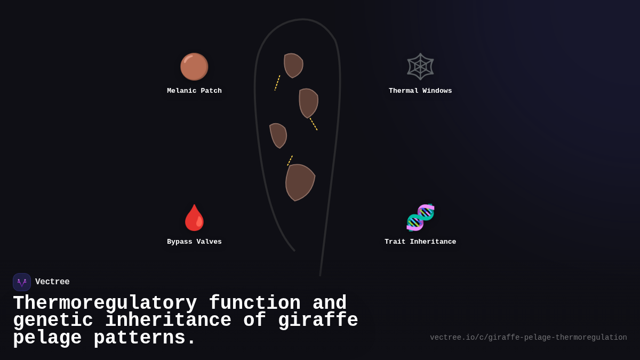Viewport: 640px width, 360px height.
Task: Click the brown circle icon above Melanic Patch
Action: click(x=194, y=67)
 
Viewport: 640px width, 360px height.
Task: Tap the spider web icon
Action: click(x=420, y=67)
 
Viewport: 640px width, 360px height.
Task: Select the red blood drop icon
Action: click(x=194, y=218)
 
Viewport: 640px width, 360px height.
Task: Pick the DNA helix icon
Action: click(x=420, y=218)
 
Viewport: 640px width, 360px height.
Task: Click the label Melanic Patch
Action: click(x=194, y=91)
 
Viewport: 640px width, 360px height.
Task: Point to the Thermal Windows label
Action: click(x=420, y=91)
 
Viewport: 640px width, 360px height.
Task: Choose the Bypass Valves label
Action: click(x=194, y=242)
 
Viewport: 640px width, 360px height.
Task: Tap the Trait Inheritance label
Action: click(x=420, y=242)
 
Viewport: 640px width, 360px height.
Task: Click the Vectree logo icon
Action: click(x=22, y=282)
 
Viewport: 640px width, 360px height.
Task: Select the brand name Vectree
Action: click(x=52, y=282)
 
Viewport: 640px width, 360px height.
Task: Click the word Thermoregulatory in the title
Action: click(x=105, y=303)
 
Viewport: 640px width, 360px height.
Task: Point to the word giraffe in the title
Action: click(x=324, y=321)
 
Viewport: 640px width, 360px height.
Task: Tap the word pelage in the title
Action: click(x=47, y=338)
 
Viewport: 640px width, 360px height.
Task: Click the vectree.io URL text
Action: click(x=528, y=338)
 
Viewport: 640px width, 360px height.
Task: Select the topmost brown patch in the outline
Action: click(x=292, y=65)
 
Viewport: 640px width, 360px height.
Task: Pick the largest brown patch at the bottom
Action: click(x=299, y=181)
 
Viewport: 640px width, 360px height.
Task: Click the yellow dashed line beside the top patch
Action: click(x=277, y=83)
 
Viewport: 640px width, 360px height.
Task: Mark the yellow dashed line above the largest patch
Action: click(x=290, y=161)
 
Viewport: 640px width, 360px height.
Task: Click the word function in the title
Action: click(x=254, y=303)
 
